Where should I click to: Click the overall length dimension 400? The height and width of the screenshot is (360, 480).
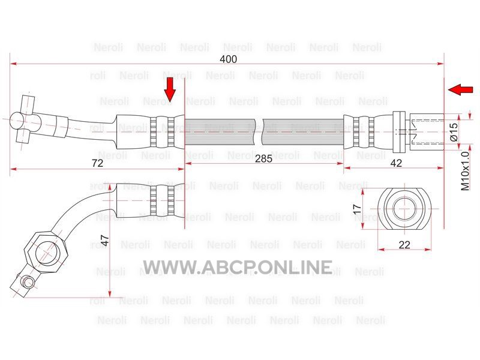(229, 59)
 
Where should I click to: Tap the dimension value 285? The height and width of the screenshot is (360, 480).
(263, 158)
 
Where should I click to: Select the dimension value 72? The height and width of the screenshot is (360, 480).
(97, 163)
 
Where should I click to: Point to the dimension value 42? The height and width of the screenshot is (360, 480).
(396, 163)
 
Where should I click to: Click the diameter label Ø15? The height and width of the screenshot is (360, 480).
(454, 131)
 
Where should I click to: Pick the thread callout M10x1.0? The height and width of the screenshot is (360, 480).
(464, 171)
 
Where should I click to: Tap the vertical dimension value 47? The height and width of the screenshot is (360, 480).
(104, 241)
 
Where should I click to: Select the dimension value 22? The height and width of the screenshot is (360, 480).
(404, 245)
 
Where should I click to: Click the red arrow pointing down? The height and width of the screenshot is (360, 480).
(170, 89)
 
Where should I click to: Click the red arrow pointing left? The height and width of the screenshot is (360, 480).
(460, 89)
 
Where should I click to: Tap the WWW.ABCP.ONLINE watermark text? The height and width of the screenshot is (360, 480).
(238, 267)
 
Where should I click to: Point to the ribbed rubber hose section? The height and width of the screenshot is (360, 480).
(264, 131)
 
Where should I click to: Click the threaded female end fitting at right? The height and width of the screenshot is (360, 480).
(427, 131)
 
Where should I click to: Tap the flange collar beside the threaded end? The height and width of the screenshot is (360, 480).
(399, 131)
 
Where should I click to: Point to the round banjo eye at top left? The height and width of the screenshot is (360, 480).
(17, 121)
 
